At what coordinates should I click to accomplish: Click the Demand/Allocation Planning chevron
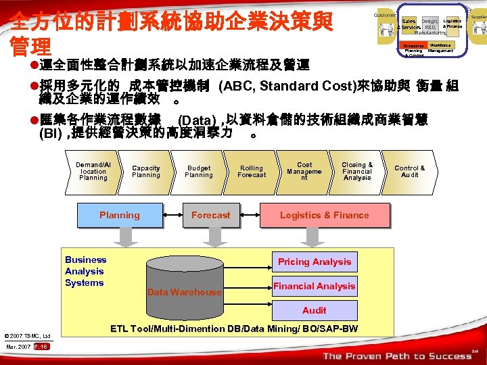[93, 171]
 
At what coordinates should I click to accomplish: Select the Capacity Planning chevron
[146, 172]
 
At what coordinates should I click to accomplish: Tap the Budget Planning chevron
[199, 172]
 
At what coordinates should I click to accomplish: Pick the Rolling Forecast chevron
[252, 172]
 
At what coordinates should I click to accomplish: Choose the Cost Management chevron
[304, 171]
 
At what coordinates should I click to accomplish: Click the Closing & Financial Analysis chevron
[357, 171]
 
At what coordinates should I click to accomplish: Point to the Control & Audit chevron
[410, 172]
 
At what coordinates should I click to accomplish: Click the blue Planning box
[120, 216]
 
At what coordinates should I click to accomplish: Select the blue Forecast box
[210, 216]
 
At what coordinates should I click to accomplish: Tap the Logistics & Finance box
[325, 216]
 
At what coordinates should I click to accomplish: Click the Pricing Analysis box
[315, 262]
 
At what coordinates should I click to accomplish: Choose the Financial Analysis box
[315, 287]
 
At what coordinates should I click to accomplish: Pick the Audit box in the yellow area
[315, 310]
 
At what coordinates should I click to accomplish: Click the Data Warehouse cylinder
[185, 284]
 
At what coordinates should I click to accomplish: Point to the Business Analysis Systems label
[85, 271]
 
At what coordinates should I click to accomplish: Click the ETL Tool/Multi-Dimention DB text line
[234, 329]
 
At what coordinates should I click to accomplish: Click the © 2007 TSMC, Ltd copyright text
[28, 336]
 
